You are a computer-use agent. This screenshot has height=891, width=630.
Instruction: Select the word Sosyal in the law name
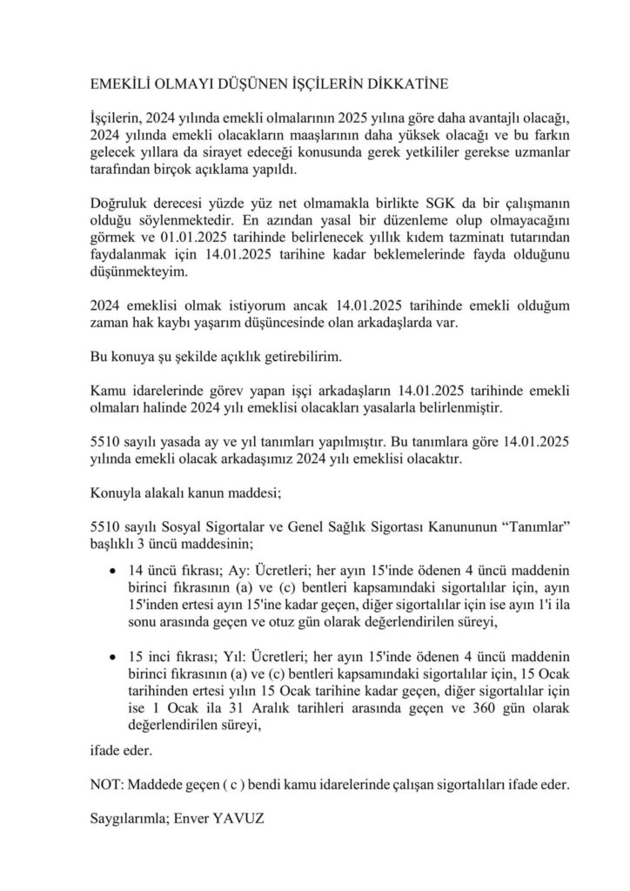click(x=180, y=529)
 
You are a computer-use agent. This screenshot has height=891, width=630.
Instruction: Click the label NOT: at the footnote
click(x=107, y=783)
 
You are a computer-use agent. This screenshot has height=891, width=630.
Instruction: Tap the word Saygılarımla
click(x=129, y=819)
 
